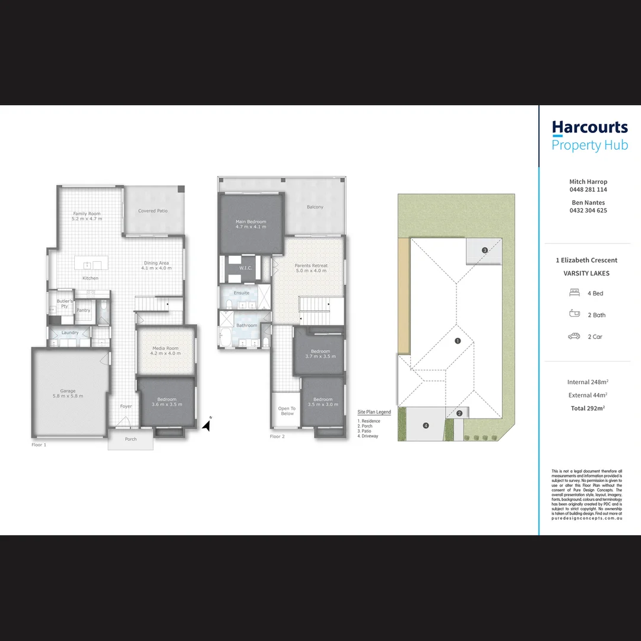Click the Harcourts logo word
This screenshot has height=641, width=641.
[589, 128]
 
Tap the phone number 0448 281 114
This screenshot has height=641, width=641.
[588, 190]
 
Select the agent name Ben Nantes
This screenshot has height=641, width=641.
[588, 202]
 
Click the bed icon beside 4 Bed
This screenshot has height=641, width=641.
[574, 293]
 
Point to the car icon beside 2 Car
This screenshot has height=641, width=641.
[574, 337]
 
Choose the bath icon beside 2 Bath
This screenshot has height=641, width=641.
[574, 314]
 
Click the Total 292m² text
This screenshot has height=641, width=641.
[587, 408]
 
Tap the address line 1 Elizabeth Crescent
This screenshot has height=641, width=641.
[586, 260]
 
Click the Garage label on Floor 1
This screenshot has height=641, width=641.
[68, 391]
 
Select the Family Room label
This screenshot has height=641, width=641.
[87, 214]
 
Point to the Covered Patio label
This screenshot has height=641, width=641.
[153, 211]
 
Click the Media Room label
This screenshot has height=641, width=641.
[165, 348]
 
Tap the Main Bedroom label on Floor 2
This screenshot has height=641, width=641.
[250, 222]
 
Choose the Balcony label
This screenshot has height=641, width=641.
[315, 207]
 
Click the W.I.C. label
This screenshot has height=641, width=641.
[246, 268]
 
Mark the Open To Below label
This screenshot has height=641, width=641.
[287, 411]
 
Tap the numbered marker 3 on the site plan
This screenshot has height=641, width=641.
[484, 250]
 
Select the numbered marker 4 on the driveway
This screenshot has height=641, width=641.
[426, 426]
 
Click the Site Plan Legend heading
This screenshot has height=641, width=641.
[374, 412]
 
